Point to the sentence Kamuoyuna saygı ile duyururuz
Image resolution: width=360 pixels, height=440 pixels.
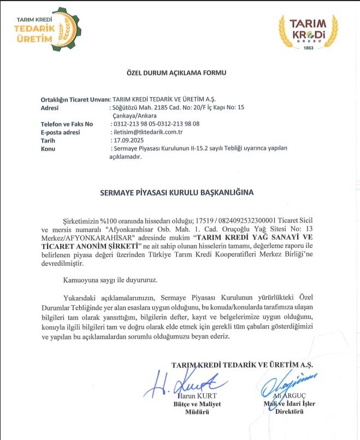(x=109, y=280)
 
